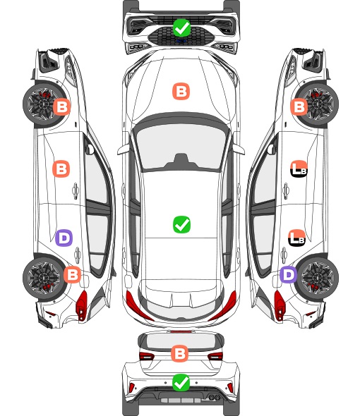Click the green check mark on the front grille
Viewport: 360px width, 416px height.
click(181, 27)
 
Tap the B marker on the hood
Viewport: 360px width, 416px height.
click(181, 92)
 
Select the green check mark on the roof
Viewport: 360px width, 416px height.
click(181, 224)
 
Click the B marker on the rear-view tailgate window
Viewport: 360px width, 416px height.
click(179, 353)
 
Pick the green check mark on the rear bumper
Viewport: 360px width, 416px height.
click(181, 382)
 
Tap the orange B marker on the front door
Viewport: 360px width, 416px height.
click(61, 169)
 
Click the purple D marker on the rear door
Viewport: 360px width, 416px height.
click(64, 238)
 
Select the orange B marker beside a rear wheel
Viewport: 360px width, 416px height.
click(72, 274)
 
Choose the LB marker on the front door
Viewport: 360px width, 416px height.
click(299, 169)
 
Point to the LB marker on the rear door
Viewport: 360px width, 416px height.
click(296, 238)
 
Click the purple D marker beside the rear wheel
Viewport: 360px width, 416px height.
click(289, 274)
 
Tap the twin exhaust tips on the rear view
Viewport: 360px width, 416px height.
click(215, 398)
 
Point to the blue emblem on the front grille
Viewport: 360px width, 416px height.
click(181, 41)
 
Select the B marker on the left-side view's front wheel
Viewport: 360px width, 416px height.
click(61, 107)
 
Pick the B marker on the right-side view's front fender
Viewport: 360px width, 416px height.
click(299, 107)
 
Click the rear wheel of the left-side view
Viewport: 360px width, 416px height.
click(43, 278)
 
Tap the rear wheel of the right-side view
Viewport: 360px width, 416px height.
click(317, 278)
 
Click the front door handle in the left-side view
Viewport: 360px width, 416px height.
click(76, 190)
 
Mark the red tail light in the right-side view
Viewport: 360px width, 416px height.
click(279, 305)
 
